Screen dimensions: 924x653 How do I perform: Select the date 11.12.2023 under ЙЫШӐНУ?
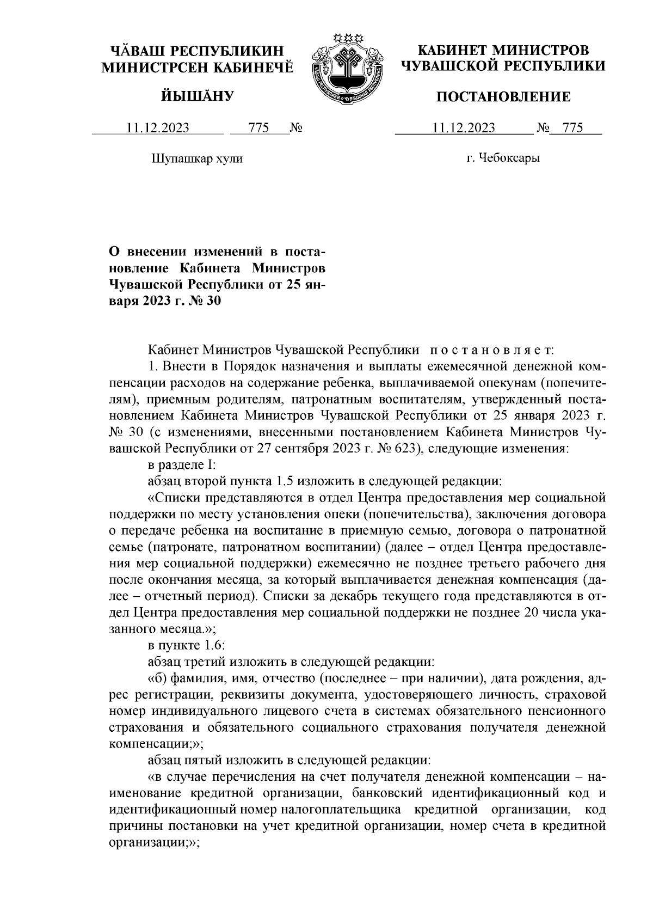[x=158, y=128]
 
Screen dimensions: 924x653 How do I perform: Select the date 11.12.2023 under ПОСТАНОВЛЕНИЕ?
[x=464, y=128]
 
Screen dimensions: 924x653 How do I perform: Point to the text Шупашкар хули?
[x=196, y=159]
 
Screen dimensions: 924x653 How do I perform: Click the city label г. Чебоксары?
[x=503, y=159]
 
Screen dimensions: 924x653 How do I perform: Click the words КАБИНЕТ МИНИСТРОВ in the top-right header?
[x=503, y=51]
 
